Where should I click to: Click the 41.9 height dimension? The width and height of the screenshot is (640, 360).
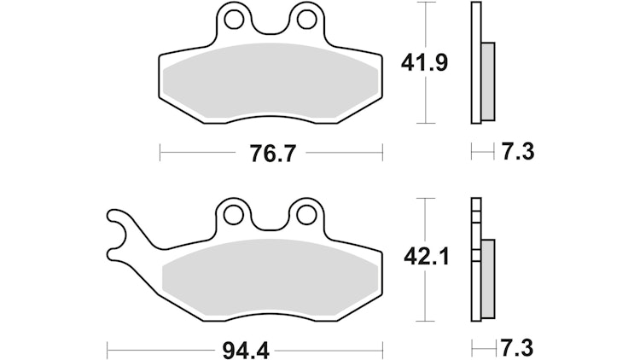click(424, 63)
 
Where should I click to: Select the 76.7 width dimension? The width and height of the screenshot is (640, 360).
click(271, 154)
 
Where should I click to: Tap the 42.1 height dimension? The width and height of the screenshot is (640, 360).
click(426, 257)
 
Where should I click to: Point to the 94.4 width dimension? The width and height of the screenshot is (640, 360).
click(246, 351)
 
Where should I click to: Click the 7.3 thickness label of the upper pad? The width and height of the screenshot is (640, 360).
click(518, 152)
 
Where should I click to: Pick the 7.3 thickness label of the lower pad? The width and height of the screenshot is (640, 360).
click(517, 348)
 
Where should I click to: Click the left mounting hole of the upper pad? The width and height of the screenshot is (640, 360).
click(234, 20)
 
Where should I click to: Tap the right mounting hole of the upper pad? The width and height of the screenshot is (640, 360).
click(305, 20)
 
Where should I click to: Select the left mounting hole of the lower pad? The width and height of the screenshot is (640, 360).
click(234, 215)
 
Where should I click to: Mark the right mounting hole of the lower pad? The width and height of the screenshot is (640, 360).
click(305, 215)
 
